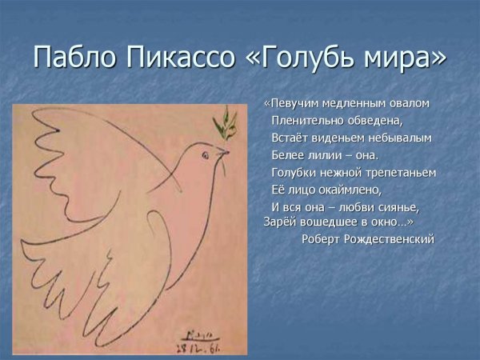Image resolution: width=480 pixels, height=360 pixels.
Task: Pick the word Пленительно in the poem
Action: pyautogui.click(x=308, y=121)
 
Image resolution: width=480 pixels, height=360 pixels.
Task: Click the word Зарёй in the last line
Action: pyautogui.click(x=279, y=222)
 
